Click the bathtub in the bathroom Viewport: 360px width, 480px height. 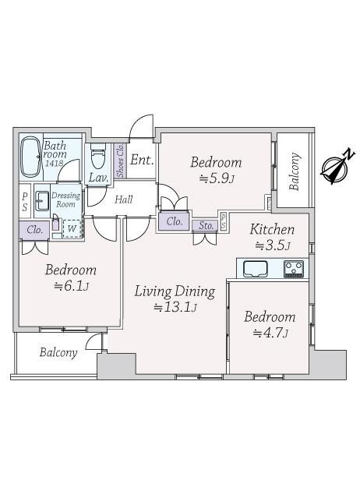point(30,157)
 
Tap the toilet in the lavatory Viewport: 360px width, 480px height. point(98,156)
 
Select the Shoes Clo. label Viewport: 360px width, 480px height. point(120,161)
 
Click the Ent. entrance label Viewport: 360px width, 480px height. point(142,160)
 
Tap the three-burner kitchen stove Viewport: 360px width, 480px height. point(294,269)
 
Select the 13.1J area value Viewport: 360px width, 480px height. point(175,307)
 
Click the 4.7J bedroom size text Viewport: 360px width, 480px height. point(270,333)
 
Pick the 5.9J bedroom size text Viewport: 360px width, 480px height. point(217,178)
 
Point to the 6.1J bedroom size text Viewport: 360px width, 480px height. point(72,286)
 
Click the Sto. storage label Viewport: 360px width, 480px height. point(206,226)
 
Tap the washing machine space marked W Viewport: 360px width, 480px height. point(72,228)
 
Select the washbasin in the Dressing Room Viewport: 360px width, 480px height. point(42,201)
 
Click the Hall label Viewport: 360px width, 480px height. point(124,199)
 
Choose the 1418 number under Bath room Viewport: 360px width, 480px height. point(55,163)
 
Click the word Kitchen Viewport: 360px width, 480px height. point(272,229)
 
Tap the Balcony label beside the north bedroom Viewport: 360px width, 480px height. point(295,171)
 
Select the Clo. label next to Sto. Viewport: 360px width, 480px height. point(175,221)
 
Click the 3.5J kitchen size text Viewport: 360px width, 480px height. point(273,245)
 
